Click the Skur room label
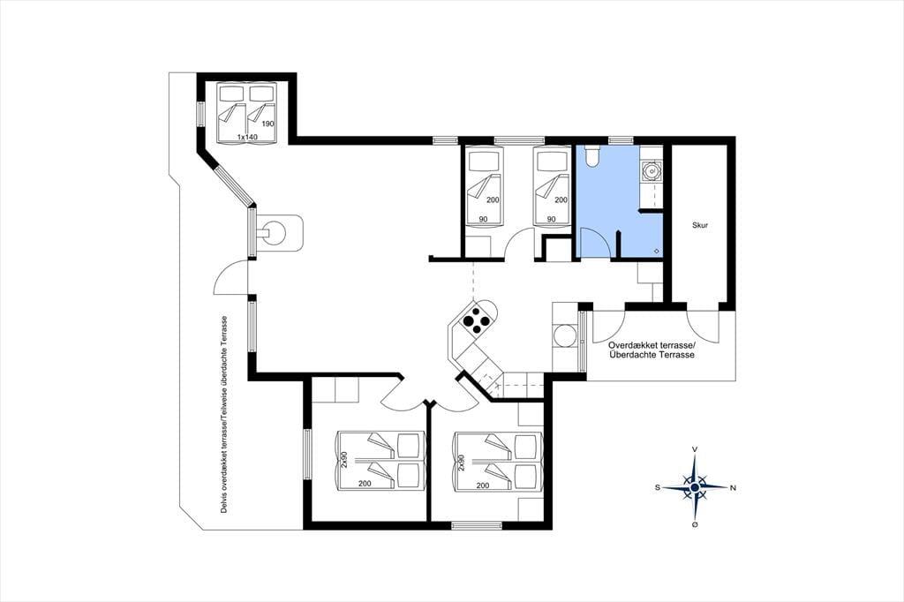pos(700,225)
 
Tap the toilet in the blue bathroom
pos(592,155)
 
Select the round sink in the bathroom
pos(652,170)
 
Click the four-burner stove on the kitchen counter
pos(476,320)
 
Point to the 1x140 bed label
pos(247,137)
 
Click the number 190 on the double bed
pos(267,124)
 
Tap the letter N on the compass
pos(734,488)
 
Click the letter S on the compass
pos(657,488)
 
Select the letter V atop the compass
pos(696,449)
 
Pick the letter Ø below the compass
pos(696,525)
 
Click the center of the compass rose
pos(696,487)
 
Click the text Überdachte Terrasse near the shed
pos(652,355)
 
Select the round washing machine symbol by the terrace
pos(564,335)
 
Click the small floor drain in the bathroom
pos(657,251)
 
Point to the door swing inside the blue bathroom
pos(594,242)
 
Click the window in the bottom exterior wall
pos(476,525)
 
